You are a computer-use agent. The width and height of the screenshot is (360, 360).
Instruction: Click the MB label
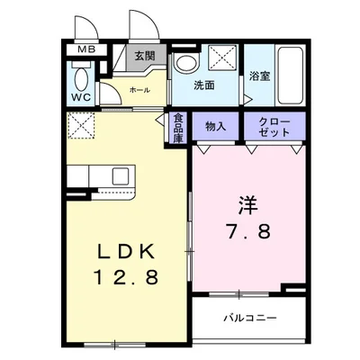86,50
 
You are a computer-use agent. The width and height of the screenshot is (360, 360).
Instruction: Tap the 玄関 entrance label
144,57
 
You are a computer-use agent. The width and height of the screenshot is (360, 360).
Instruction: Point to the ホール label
139,90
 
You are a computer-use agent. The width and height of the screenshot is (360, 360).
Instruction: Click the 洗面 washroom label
204,85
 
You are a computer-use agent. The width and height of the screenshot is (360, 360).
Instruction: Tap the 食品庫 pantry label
178,127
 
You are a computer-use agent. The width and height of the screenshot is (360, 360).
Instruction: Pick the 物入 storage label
215,124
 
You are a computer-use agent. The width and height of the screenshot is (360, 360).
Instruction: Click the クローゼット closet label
274,126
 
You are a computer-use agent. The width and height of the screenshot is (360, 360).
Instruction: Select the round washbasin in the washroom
186,64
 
